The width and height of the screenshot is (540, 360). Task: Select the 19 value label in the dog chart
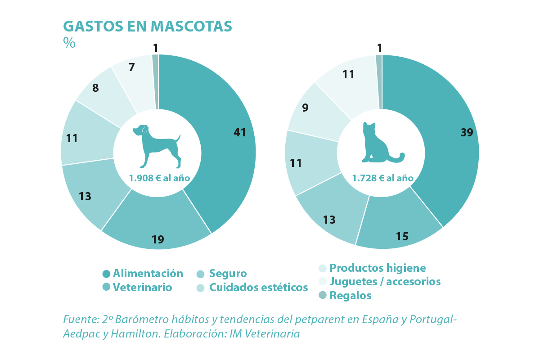click(x=157, y=239)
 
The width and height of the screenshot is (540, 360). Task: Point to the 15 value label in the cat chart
click(x=402, y=236)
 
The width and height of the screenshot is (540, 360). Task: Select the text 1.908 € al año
click(x=159, y=178)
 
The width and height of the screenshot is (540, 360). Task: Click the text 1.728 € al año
click(x=382, y=178)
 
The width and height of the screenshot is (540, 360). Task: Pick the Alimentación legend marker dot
click(x=106, y=274)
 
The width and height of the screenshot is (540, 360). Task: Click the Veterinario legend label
click(x=142, y=287)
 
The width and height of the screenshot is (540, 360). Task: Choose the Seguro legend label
click(x=228, y=274)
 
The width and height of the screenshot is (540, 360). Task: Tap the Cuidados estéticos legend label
click(x=258, y=287)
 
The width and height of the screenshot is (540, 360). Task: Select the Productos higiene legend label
click(x=378, y=268)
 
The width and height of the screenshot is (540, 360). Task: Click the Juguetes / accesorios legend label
click(x=385, y=282)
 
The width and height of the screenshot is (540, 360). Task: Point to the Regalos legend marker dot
click(x=322, y=295)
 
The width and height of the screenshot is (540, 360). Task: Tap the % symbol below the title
click(x=69, y=43)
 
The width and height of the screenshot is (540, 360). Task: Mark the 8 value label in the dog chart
click(x=95, y=88)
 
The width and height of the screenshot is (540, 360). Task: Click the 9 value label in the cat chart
click(x=306, y=108)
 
